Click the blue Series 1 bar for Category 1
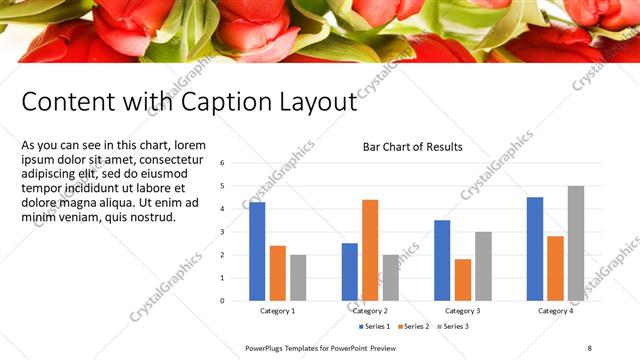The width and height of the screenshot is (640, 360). click(x=257, y=251)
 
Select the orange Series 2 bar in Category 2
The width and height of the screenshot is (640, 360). click(x=370, y=250)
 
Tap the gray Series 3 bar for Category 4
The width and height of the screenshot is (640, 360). click(x=576, y=243)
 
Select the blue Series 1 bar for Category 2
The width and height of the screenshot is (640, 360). click(x=350, y=271)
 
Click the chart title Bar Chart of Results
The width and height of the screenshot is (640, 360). click(x=412, y=147)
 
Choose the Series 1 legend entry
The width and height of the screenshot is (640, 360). click(x=374, y=326)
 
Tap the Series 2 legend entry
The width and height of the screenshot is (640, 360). click(x=412, y=326)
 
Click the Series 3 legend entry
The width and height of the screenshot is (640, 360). click(x=451, y=326)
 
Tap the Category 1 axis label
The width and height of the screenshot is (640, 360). click(x=277, y=311)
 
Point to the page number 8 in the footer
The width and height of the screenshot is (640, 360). click(x=589, y=348)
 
